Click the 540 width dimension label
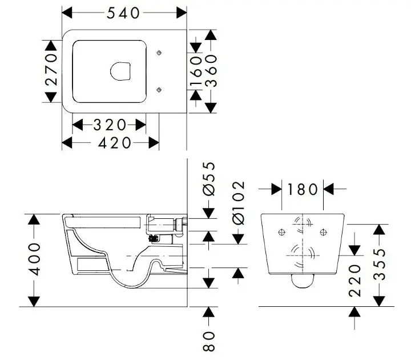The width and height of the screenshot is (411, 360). pos(124,13)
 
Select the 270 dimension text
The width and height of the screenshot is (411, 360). pos(52,70)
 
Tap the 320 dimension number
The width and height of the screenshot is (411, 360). pos(110,124)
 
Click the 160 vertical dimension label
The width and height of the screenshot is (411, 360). pos(196,70)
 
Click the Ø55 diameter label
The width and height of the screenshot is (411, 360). pos(209,179)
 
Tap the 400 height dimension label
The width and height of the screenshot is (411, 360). pos(35,259)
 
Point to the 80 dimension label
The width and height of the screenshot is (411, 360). pos(209,341)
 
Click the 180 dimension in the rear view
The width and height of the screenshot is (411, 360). pos(303,188)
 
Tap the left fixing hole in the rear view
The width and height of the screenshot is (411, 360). pos(281,231)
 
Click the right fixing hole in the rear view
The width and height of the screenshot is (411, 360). pos(324,231)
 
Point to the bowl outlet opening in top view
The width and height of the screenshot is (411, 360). pos(121,70)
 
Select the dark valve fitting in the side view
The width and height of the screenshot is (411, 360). pos(152,239)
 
